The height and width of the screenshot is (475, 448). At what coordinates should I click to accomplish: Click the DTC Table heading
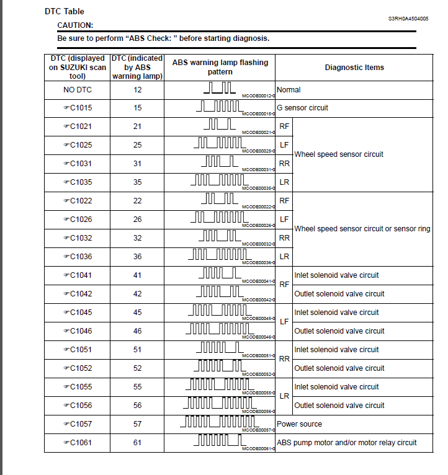click(x=65, y=11)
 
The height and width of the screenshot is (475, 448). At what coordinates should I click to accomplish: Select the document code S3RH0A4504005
click(x=408, y=19)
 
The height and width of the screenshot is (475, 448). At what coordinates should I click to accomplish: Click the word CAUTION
click(x=75, y=25)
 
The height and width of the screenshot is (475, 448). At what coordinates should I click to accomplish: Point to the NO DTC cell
click(x=77, y=90)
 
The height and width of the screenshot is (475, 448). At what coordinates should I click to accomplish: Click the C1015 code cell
click(x=77, y=108)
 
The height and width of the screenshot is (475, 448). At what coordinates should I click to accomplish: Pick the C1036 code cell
click(x=77, y=257)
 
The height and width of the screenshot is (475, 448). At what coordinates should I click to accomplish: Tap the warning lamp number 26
click(x=137, y=220)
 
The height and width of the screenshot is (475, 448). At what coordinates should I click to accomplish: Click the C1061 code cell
click(x=77, y=443)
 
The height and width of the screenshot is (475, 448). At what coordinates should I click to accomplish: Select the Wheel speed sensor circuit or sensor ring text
click(x=362, y=229)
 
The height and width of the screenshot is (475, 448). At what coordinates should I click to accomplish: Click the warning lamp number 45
click(x=137, y=313)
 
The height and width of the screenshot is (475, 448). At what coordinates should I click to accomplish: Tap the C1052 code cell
click(x=77, y=368)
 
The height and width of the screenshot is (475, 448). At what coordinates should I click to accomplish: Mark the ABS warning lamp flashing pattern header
click(x=220, y=68)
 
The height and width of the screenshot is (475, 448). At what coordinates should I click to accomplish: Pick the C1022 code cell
click(x=77, y=201)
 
